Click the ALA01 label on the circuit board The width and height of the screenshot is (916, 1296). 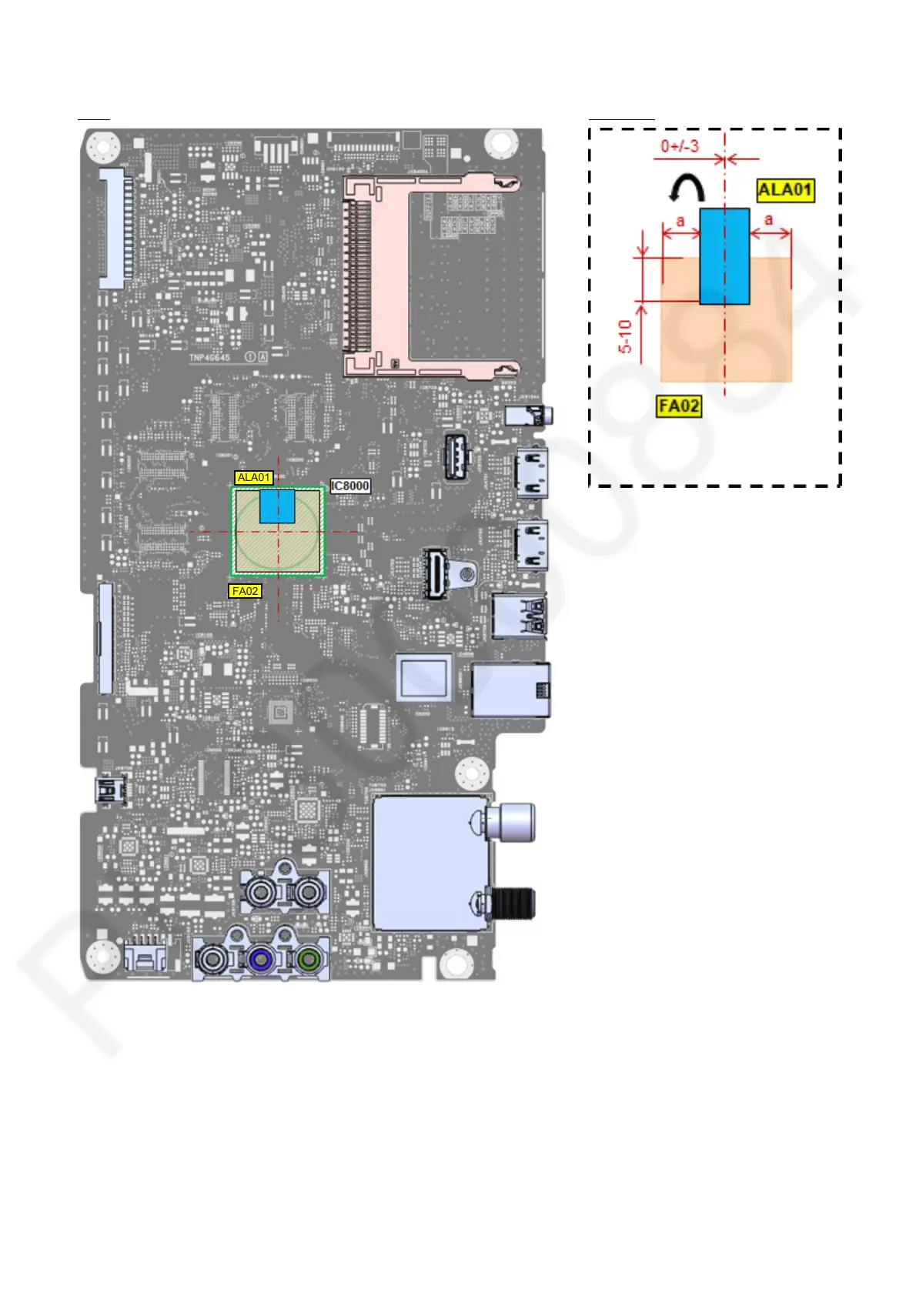[x=253, y=478]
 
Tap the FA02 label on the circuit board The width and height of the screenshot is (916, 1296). [x=245, y=591]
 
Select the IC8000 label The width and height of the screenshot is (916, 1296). [x=350, y=486]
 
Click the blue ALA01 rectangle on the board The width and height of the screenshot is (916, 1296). [x=277, y=506]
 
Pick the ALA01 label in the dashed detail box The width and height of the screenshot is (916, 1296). [x=784, y=190]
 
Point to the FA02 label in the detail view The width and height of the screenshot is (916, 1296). [x=679, y=406]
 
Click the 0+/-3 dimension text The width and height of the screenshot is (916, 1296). [x=680, y=145]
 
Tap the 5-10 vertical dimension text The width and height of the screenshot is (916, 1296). [x=625, y=336]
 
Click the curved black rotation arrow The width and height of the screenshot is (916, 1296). [x=687, y=188]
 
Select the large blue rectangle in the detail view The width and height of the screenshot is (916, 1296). [x=724, y=256]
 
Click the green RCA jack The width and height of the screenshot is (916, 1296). [x=309, y=960]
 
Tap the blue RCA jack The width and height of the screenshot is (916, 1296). [x=261, y=960]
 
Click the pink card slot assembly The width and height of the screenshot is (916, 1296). [x=431, y=276]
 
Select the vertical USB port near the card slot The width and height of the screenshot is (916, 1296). [x=456, y=456]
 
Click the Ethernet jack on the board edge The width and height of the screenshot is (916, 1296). [x=510, y=690]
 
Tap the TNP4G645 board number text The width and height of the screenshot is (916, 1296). [x=209, y=358]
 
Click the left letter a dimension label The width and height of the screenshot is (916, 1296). [x=680, y=222]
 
